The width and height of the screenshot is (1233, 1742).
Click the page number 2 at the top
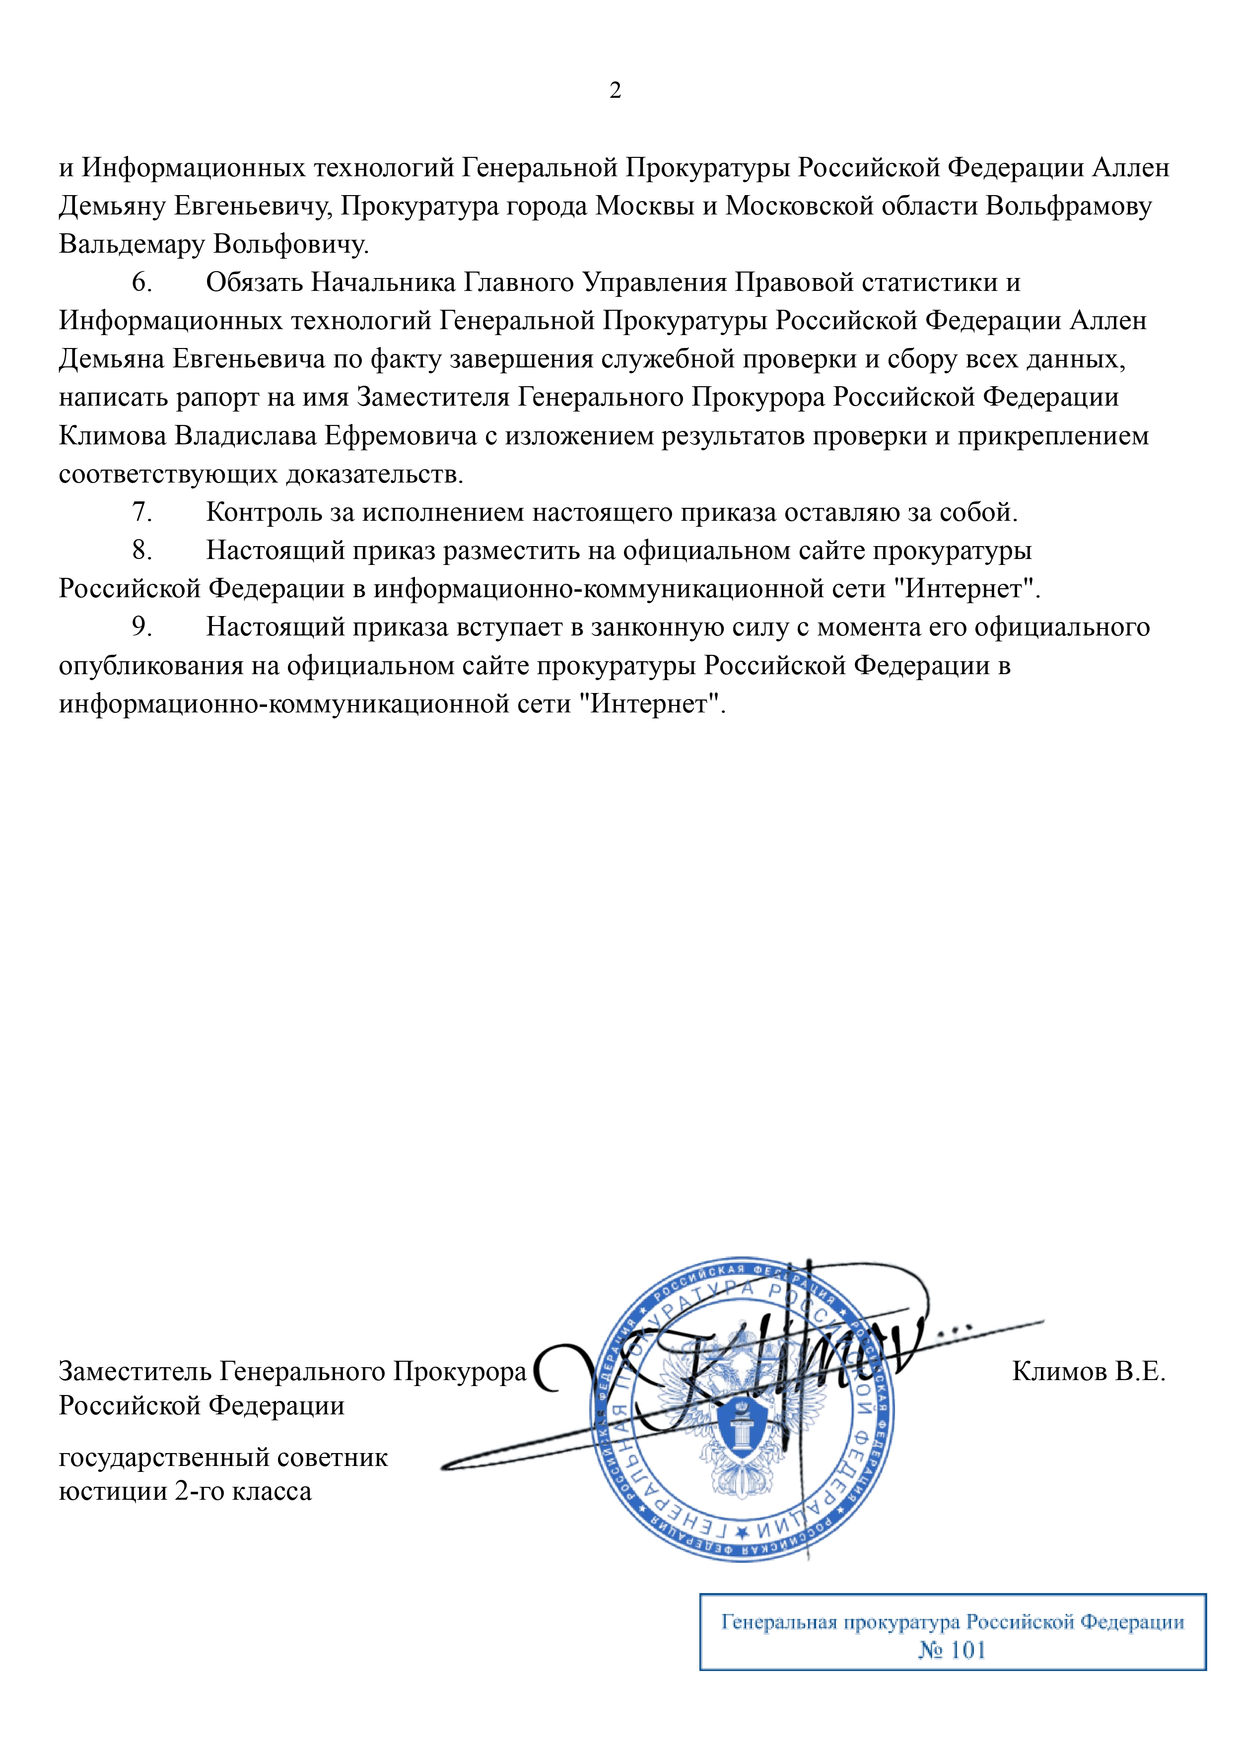point(615,90)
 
